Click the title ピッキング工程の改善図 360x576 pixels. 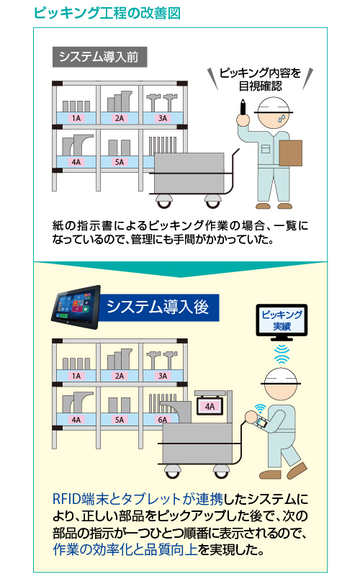click(107, 13)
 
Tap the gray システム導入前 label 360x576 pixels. click(100, 57)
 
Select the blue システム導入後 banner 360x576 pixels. click(158, 307)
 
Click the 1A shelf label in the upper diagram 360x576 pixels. click(76, 118)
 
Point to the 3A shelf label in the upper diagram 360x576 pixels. click(163, 118)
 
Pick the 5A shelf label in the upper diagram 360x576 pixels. click(120, 162)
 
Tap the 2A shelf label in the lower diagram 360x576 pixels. click(120, 376)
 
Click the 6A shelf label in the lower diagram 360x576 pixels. click(163, 420)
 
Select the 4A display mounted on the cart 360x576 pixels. click(210, 406)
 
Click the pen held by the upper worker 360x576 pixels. click(243, 107)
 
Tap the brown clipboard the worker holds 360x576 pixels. click(291, 153)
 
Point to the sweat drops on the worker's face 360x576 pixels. click(282, 117)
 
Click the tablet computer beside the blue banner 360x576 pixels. click(76, 307)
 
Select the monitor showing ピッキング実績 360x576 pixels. click(282, 320)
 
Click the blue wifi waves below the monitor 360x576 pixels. click(282, 354)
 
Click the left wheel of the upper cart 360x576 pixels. click(164, 201)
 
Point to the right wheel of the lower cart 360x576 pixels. click(221, 471)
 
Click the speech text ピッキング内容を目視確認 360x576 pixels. click(260, 79)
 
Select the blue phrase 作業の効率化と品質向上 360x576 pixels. click(125, 549)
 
